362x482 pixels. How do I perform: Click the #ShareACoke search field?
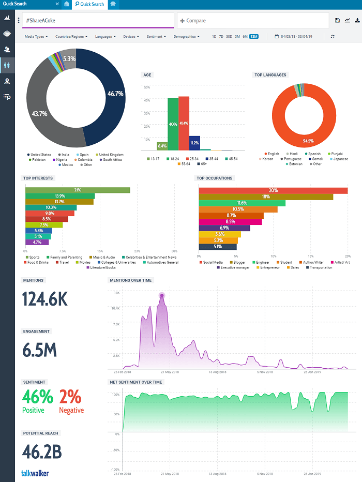coord(98,21)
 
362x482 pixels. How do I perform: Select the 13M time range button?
coord(254,37)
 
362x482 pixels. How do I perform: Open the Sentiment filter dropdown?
coord(156,37)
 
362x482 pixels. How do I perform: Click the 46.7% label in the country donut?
coord(115,94)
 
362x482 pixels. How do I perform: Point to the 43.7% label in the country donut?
coord(40,113)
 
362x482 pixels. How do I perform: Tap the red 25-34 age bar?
coord(184,123)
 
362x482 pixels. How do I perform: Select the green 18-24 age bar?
coord(173,124)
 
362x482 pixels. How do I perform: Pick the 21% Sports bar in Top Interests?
coord(78,190)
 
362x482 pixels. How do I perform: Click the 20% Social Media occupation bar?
coord(273,190)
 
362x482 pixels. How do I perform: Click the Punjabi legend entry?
coord(337,154)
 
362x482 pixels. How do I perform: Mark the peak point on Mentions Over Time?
coord(162,296)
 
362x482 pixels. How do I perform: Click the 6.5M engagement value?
coord(39,350)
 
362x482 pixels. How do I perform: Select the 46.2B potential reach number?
coord(42,451)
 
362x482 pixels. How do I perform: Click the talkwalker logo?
coord(35,473)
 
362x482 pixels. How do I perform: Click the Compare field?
coord(253,21)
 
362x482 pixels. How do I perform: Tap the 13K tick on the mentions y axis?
coord(116,293)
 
